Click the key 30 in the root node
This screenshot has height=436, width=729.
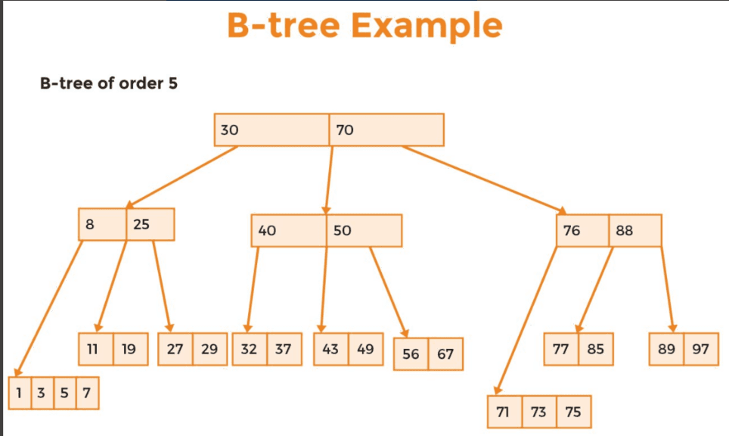coord(271,130)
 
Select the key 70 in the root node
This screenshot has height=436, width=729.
coord(386,130)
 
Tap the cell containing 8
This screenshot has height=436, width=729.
coord(102,224)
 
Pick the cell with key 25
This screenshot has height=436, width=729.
coord(150,224)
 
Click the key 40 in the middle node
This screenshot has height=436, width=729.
coord(289,230)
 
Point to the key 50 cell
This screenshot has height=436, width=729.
coord(364,230)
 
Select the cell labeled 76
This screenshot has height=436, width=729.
coord(582,230)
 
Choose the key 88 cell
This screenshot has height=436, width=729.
coord(635,230)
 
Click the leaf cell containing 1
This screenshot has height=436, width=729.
coord(20,393)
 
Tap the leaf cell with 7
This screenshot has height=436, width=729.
coord(88,393)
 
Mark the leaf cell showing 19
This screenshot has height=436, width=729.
coord(131,349)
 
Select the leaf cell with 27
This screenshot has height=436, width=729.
coord(175,349)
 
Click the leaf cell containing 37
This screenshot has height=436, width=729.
coord(284,349)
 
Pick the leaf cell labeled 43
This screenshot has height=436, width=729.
coord(331,349)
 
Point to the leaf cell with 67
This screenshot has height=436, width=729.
coord(445,354)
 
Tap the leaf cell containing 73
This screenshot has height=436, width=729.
coord(539,412)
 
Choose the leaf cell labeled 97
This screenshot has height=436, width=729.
coord(701,349)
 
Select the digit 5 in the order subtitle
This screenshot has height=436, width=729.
coord(173,83)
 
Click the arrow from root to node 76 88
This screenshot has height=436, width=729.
coord(484,180)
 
